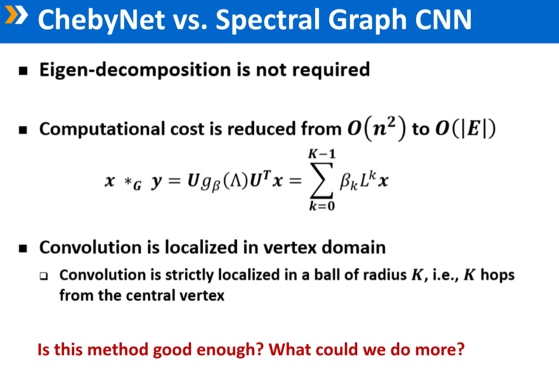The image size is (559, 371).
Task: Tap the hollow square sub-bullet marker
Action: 45,276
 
